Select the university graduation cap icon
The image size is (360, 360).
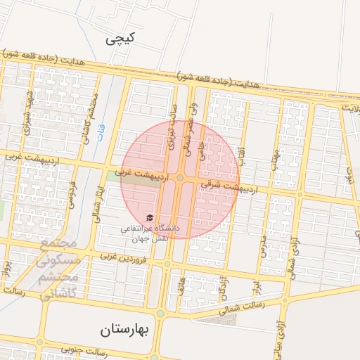(149, 218)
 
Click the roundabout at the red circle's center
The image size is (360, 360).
(180, 179)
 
